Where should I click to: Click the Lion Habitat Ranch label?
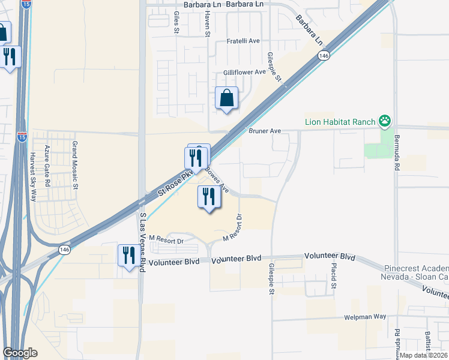(339, 122)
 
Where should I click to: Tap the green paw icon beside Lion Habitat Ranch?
(384, 122)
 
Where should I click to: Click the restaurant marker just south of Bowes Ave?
(209, 198)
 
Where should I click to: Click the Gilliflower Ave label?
(244, 72)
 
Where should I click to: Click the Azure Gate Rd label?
(47, 165)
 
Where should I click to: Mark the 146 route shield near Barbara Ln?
(324, 55)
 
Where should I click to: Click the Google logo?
(20, 353)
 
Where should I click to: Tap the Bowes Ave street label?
(217, 179)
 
